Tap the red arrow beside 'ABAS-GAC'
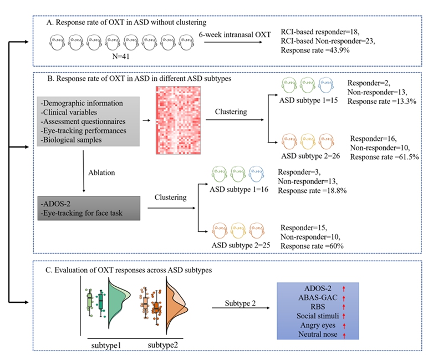(x=344, y=298)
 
